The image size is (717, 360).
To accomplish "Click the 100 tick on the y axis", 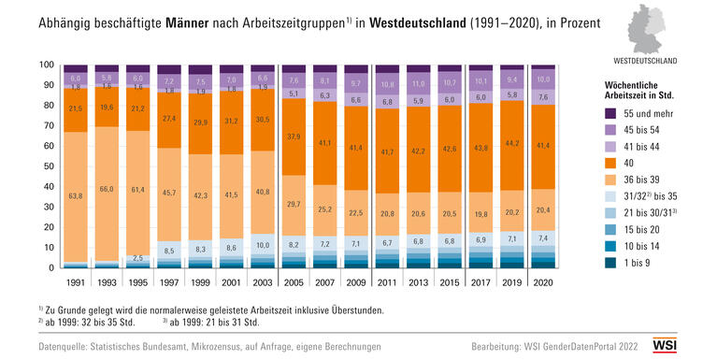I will coord(45,65).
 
